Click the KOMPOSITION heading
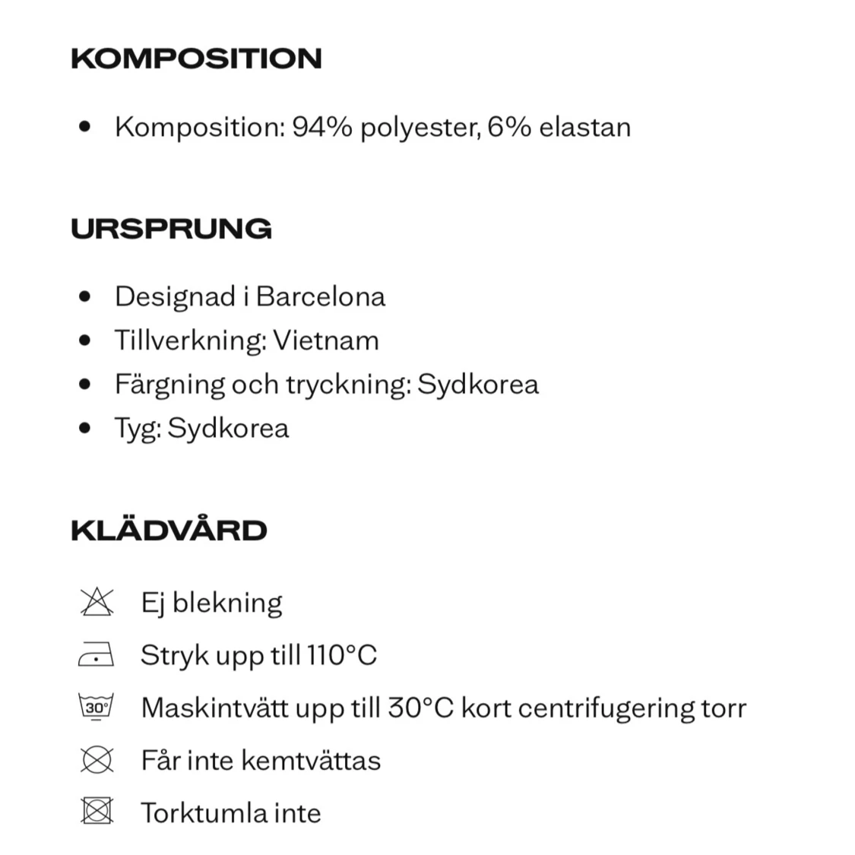196,59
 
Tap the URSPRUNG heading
171,229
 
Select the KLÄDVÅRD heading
169,530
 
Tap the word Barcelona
321,296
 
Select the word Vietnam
326,340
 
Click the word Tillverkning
190,340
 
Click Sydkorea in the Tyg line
228,428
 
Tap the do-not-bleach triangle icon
97,602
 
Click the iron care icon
97,654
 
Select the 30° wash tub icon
97,708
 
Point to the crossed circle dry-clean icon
97,760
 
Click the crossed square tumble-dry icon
97,812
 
